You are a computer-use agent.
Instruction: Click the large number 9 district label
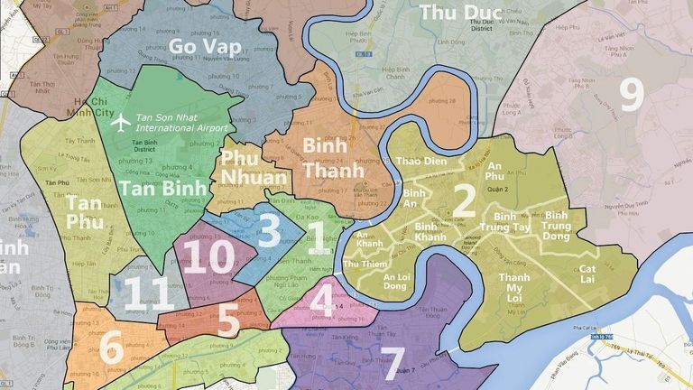click(631, 94)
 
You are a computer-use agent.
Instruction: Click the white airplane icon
click(118, 123)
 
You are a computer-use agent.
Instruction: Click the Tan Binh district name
click(163, 190)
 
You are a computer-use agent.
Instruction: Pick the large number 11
click(147, 294)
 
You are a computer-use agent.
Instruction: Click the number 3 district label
click(268, 228)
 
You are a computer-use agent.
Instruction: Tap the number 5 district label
click(228, 320)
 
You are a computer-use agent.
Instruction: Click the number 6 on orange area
click(111, 347)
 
